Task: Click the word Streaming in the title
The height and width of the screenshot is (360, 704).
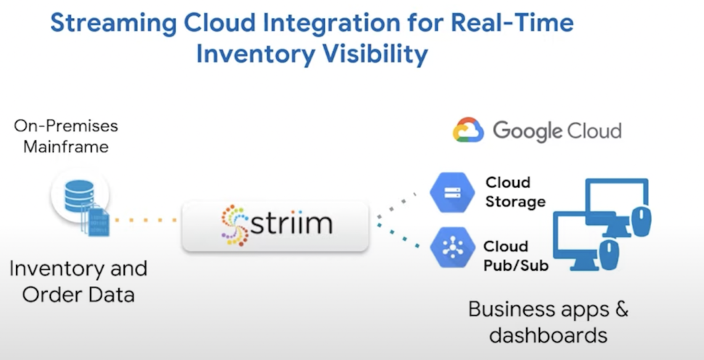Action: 113,23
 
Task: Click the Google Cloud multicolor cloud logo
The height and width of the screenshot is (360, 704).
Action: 468,130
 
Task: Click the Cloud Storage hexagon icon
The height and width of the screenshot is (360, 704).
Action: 452,192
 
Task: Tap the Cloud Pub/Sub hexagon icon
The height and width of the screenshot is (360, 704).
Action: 453,247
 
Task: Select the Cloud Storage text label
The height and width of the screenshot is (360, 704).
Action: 515,192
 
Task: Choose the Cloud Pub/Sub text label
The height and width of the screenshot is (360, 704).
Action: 516,256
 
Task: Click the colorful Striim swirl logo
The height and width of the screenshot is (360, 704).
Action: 235,225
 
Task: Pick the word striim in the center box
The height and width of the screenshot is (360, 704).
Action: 291,222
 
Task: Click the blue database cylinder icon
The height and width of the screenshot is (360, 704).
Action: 79,196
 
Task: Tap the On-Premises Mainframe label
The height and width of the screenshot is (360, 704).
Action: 66,136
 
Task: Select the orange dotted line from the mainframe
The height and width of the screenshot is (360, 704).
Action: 145,220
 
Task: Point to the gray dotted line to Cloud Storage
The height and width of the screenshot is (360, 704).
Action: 396,205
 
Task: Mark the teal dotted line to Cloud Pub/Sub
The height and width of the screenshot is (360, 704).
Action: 398,236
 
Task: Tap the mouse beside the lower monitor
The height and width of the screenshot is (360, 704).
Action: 609,255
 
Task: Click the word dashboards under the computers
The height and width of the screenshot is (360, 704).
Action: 548,335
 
